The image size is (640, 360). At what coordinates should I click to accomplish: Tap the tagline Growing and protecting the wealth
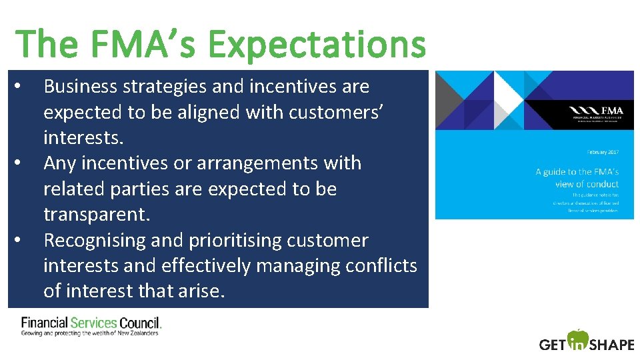click(90, 333)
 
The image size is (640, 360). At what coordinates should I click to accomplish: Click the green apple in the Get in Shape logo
click(578, 339)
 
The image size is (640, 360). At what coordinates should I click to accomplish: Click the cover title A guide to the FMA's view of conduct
click(577, 178)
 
